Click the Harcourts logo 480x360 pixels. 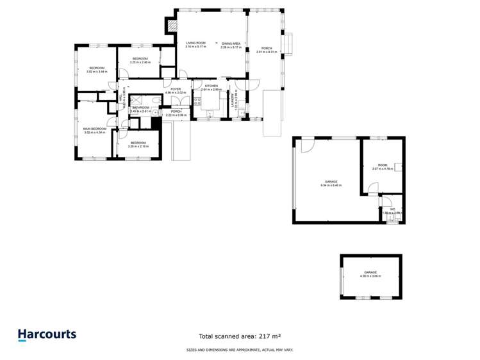point(47,335)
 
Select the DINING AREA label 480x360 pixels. point(230,43)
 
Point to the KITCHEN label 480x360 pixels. point(211,86)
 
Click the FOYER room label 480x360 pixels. point(176,89)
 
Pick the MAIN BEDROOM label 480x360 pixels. point(94,129)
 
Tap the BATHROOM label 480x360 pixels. point(141,107)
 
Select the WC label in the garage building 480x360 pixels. point(392,209)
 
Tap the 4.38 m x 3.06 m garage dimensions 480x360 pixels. point(372,276)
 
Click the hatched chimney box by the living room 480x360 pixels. point(171,24)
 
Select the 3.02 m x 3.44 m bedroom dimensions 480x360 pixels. point(97,72)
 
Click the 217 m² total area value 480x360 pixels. point(270,336)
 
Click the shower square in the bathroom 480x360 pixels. point(135,99)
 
